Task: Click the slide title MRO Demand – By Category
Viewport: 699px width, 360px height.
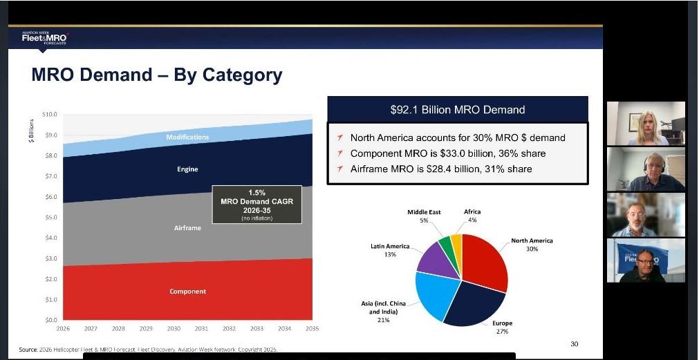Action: [x=157, y=75]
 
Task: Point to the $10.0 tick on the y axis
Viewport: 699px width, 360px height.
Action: [x=50, y=114]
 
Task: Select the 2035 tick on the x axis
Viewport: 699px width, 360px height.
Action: [x=312, y=329]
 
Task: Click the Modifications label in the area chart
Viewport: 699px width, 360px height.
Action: [x=187, y=138]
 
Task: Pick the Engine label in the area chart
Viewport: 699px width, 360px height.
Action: [x=187, y=169]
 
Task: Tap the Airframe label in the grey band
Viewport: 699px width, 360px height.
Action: [x=187, y=228]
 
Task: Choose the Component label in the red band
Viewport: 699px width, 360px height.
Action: [x=187, y=292]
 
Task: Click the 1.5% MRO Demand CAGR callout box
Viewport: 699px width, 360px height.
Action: [x=256, y=205]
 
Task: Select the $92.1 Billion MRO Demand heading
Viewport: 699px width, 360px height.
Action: [x=457, y=110]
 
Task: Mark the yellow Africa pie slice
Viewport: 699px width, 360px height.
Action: [x=456, y=242]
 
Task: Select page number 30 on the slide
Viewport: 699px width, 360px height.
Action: [x=574, y=344]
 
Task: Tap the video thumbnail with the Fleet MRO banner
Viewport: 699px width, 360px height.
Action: [x=646, y=260]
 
